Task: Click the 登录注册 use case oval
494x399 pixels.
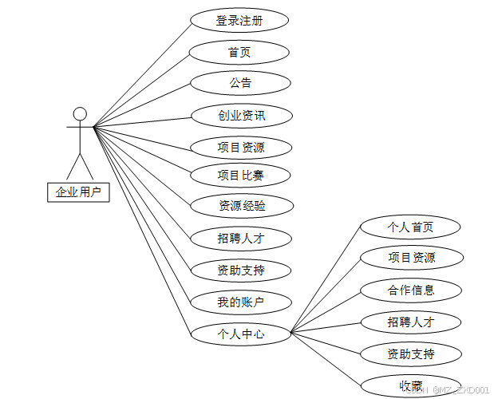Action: (x=239, y=20)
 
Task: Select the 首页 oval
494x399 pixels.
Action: (x=239, y=53)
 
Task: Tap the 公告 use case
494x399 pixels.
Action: (x=240, y=83)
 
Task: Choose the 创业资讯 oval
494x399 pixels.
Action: (x=241, y=116)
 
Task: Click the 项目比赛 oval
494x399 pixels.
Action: (x=240, y=176)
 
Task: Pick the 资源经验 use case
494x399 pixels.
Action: (x=242, y=206)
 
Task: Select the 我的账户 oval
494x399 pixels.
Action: (x=240, y=302)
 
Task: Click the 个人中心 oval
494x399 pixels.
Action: (x=240, y=334)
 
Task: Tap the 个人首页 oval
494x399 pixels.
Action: (x=411, y=227)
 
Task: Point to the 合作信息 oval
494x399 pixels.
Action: (x=411, y=290)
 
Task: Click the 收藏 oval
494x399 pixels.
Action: (x=411, y=385)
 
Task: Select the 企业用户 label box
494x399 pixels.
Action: (x=78, y=192)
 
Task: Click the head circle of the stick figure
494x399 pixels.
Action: (x=79, y=113)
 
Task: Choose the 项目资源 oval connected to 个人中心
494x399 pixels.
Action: (x=411, y=258)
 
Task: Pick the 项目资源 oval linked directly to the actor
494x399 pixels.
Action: (x=240, y=148)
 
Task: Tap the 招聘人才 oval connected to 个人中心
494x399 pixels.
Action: (x=411, y=322)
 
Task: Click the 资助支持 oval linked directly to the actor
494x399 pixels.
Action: (x=240, y=271)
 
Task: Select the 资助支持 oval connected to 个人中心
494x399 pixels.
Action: (x=411, y=354)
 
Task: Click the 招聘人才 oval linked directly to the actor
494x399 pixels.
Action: (x=240, y=238)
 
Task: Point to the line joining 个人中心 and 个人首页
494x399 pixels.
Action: (x=326, y=280)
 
